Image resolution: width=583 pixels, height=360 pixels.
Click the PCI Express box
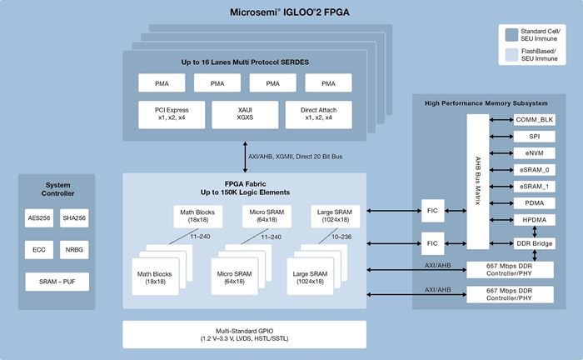click(172, 113)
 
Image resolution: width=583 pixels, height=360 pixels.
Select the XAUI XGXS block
click(244, 113)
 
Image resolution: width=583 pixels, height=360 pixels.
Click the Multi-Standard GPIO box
click(245, 334)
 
